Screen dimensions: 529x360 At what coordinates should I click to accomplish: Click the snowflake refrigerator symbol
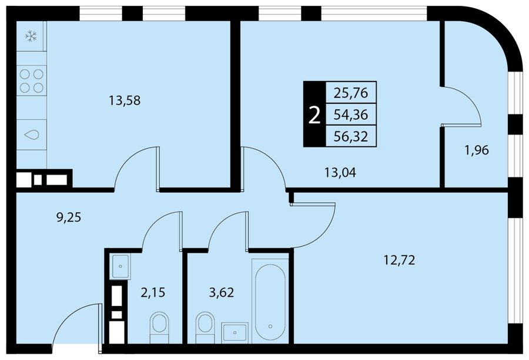point(31,36)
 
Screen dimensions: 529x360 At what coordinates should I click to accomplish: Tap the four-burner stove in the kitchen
point(31,80)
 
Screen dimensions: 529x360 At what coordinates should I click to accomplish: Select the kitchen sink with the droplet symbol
point(31,134)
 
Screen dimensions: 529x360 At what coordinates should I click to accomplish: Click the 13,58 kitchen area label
point(125,100)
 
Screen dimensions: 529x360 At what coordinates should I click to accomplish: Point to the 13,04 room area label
point(340,173)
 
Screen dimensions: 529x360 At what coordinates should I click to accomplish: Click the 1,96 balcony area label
point(477,150)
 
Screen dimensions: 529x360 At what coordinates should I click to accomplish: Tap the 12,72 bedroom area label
point(400,260)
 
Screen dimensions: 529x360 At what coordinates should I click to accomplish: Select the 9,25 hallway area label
point(69,217)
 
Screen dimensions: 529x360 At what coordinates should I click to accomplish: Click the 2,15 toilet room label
point(153,292)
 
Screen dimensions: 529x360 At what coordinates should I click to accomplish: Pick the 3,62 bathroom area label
point(222,292)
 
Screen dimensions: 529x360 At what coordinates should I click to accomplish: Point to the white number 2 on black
point(314,115)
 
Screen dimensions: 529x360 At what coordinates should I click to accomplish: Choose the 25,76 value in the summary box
point(350,93)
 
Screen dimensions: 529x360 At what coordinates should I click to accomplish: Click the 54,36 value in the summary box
point(350,115)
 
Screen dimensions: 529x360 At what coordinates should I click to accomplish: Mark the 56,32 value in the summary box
point(350,137)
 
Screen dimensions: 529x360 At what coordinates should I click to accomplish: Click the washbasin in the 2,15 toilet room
point(120,267)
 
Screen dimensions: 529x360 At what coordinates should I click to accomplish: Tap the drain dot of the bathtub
point(270,327)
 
